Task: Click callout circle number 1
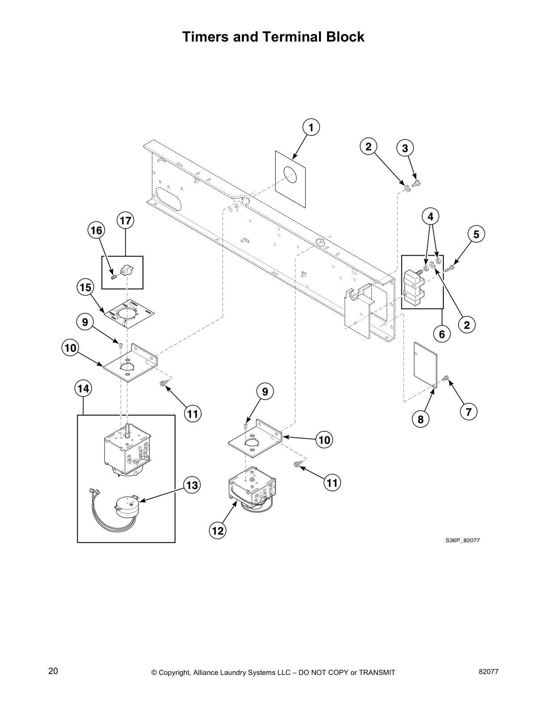pyautogui.click(x=311, y=127)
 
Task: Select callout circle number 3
pyautogui.click(x=405, y=148)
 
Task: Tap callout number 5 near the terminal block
pyautogui.click(x=476, y=234)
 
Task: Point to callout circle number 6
pyautogui.click(x=442, y=333)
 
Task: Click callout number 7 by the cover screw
pyautogui.click(x=468, y=412)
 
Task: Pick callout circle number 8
pyautogui.click(x=421, y=419)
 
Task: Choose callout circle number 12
pyautogui.click(x=218, y=531)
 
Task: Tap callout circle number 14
pyautogui.click(x=83, y=388)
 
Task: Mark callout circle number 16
pyautogui.click(x=96, y=230)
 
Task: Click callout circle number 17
pyautogui.click(x=126, y=220)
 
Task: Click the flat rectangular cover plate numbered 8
pyautogui.click(x=424, y=364)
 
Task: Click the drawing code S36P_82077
pyautogui.click(x=463, y=540)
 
